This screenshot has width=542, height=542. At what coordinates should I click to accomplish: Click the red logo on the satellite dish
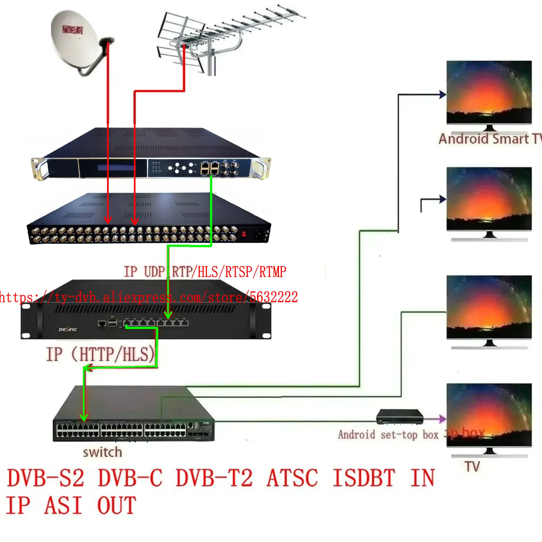[x=72, y=29]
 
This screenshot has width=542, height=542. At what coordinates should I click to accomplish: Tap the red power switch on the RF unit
[x=244, y=234]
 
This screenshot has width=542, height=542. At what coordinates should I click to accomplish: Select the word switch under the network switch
[x=102, y=453]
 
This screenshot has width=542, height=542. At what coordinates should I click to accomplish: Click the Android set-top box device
[x=399, y=417]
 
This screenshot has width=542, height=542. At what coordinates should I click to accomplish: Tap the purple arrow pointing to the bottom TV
[x=442, y=419]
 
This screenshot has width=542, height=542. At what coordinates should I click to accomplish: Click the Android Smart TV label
[x=489, y=139]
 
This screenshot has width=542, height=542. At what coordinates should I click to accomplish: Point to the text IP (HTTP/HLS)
[x=101, y=354]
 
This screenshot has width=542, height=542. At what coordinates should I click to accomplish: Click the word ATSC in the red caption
[x=292, y=478]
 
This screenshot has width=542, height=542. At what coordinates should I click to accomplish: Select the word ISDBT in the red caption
[x=364, y=478]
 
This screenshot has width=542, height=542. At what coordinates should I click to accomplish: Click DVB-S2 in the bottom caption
[x=46, y=478]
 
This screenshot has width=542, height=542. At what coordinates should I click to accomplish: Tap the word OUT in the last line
[x=117, y=505]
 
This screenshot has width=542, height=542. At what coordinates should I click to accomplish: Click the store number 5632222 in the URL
[x=273, y=297]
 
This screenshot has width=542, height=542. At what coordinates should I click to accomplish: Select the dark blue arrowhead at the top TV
[x=443, y=95]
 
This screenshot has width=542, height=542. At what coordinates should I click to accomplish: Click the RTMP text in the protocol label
[x=272, y=272]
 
